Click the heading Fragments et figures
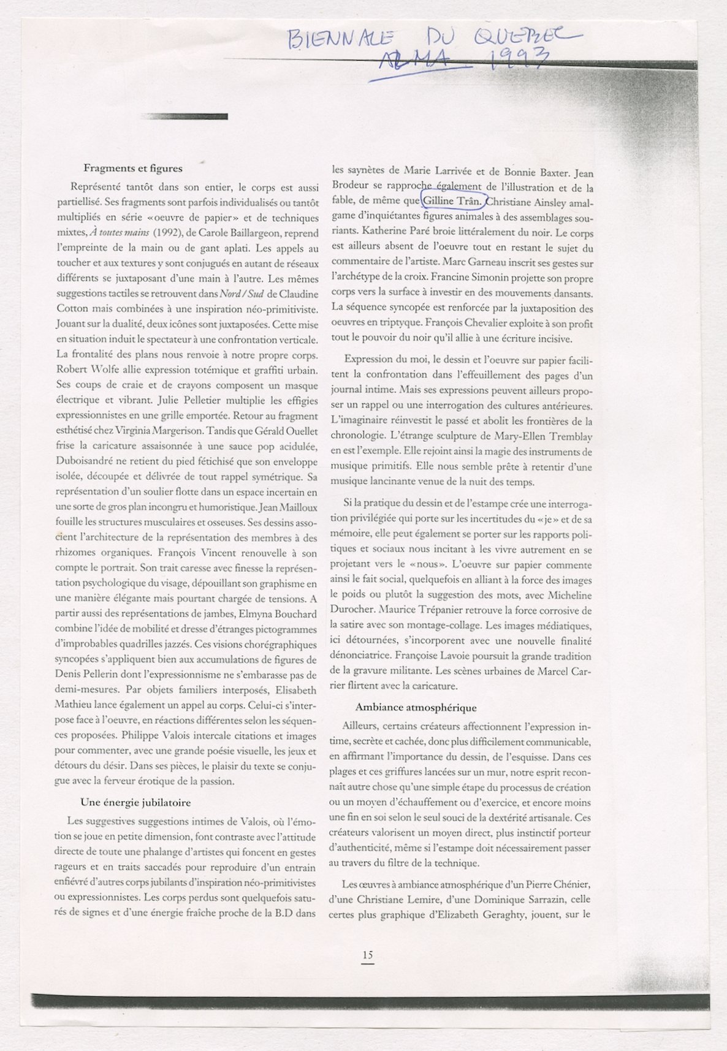(132, 168)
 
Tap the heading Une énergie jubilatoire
(135, 802)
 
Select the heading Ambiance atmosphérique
(416, 708)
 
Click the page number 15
(367, 955)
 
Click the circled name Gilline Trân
(452, 200)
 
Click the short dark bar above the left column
(184, 116)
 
